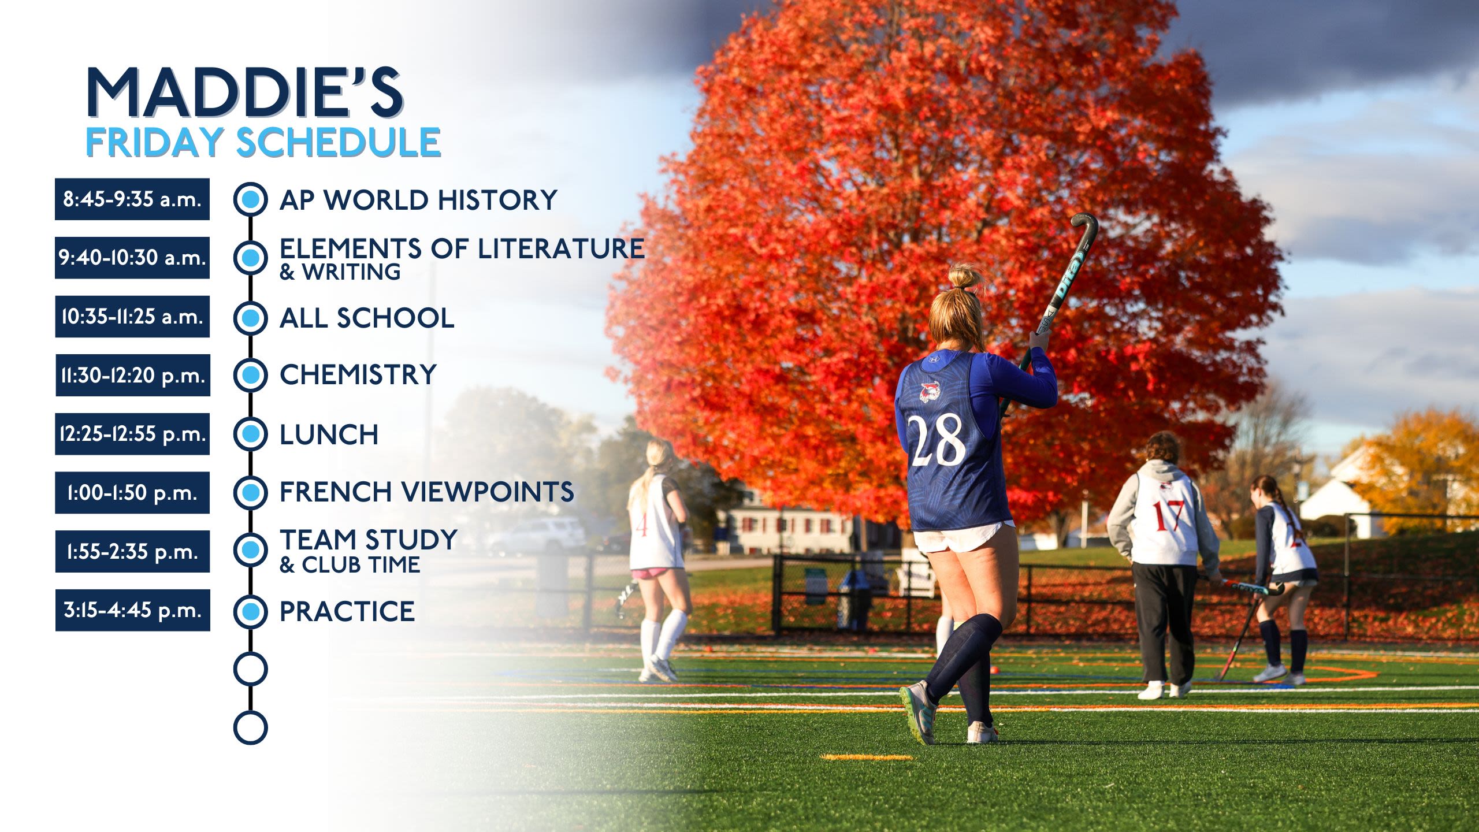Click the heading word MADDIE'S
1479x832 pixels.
point(245,92)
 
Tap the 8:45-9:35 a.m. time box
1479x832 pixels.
point(132,199)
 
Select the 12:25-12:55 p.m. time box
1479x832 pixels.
point(132,434)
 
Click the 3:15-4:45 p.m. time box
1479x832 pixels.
point(133,610)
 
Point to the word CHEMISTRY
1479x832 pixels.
point(358,374)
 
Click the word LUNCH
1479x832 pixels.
point(329,434)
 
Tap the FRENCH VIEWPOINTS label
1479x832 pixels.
point(426,492)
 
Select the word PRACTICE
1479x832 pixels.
point(347,611)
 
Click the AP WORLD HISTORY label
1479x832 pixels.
point(418,200)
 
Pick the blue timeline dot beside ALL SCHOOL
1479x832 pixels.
point(250,318)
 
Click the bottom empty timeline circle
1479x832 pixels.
point(250,727)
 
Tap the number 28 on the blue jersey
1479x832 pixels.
point(936,440)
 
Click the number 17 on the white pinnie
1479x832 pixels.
point(1169,515)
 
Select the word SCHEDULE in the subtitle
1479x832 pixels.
point(339,142)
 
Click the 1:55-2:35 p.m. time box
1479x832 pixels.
point(132,551)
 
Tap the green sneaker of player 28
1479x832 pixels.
point(919,712)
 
